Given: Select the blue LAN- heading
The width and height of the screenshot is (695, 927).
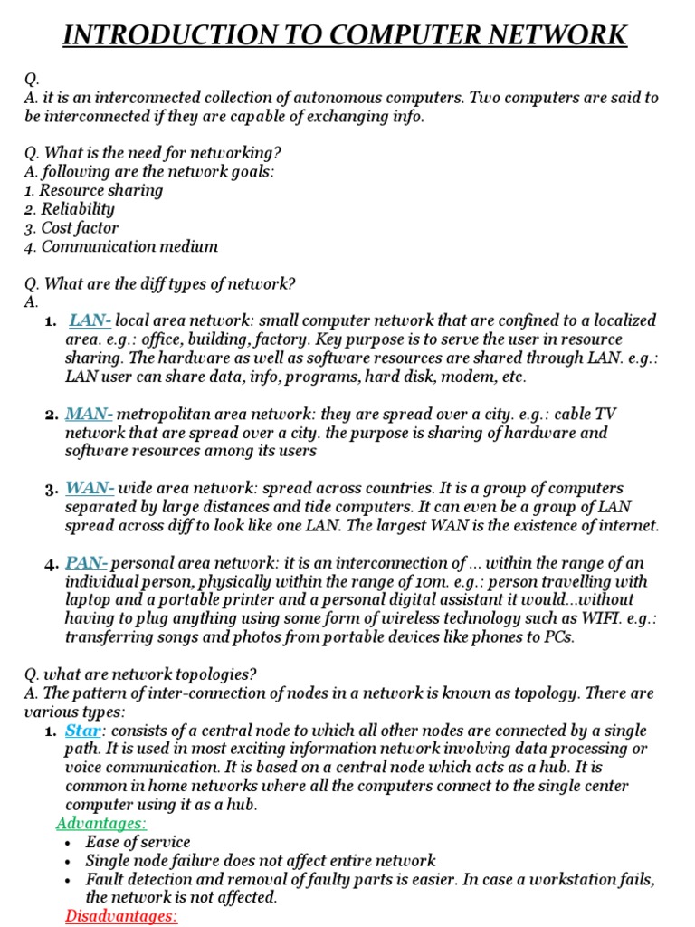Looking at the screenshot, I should (x=90, y=320).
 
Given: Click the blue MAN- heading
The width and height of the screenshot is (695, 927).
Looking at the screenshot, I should (x=89, y=415).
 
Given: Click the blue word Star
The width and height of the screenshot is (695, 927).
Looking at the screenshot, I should (x=84, y=731).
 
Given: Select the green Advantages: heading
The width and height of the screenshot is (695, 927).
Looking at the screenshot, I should (x=101, y=823).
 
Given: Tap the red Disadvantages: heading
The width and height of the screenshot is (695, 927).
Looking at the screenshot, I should (x=121, y=916).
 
